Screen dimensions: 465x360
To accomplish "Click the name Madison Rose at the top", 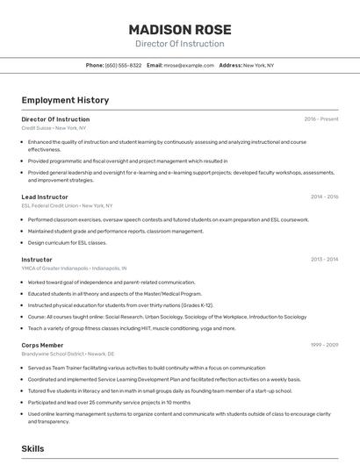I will click(179, 28).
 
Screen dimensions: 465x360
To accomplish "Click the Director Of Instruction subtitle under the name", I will click(179, 44).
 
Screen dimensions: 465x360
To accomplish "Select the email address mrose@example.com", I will click(189, 65).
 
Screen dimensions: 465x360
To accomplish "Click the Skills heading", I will click(33, 448).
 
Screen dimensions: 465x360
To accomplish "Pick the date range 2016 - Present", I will click(321, 119).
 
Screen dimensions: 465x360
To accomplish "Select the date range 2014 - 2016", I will click(324, 197).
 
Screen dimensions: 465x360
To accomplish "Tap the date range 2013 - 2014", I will click(324, 260).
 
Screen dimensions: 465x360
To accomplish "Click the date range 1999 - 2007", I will click(324, 346).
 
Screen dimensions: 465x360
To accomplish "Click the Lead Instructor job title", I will click(45, 197).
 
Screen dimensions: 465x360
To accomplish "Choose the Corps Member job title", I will click(42, 346).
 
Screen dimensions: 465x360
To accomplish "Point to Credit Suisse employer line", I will click(54, 128).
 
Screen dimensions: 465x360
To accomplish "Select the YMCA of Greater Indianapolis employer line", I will click(74, 268).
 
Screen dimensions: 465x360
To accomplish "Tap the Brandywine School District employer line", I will click(69, 354).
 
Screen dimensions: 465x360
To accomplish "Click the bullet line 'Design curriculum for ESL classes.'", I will click(68, 242).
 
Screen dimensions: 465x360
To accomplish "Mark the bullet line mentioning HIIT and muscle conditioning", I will click(132, 328).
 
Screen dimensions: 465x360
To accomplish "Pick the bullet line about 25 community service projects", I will click(109, 403).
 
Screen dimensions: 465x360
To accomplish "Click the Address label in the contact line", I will click(230, 65).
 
